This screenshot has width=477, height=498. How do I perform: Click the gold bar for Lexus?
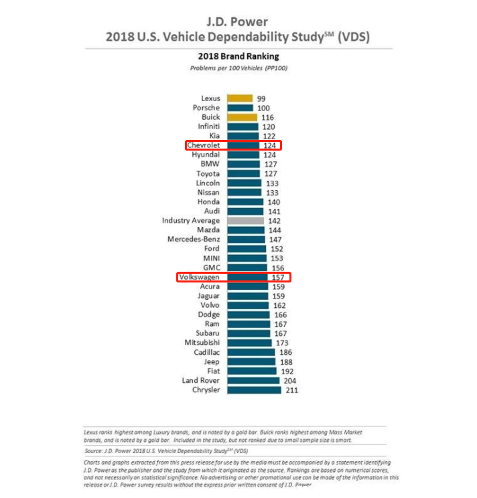(x=240, y=98)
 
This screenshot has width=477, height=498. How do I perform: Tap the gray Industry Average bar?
(x=245, y=220)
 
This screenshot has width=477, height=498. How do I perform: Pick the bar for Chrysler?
(x=254, y=390)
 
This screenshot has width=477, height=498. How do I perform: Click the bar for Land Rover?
(x=253, y=380)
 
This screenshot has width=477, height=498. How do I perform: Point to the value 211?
(x=291, y=390)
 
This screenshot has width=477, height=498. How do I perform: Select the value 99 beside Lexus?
(x=261, y=98)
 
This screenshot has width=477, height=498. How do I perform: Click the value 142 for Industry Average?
(x=274, y=220)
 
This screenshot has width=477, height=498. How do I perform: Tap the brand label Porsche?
(x=206, y=108)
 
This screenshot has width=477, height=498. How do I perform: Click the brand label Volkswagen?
(x=199, y=277)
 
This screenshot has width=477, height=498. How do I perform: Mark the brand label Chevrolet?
(x=204, y=145)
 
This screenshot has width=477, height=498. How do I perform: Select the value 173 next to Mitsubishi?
(x=282, y=343)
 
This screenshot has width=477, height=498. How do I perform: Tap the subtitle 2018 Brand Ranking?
(x=238, y=57)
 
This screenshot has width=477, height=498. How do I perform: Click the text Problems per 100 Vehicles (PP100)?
(x=238, y=68)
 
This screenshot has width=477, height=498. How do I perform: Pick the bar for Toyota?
(x=243, y=173)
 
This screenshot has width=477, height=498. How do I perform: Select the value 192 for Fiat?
(x=286, y=371)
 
